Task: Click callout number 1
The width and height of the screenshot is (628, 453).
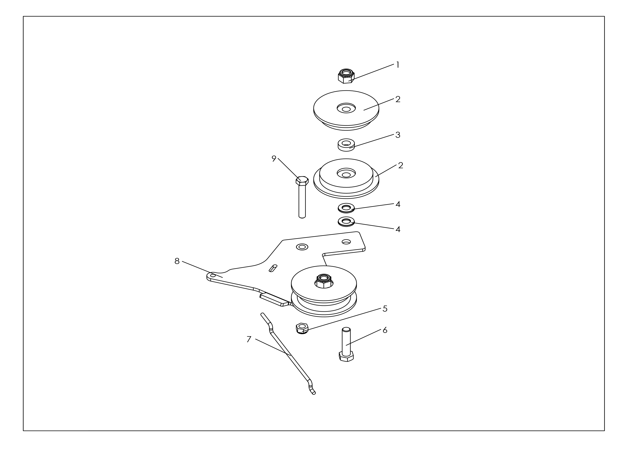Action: (398, 65)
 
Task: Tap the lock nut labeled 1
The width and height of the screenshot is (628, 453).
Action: (346, 76)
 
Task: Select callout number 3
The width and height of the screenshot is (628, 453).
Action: (398, 135)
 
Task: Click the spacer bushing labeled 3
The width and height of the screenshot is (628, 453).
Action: (346, 145)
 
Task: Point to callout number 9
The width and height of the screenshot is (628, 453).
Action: (274, 159)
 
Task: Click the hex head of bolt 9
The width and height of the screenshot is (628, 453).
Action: (302, 181)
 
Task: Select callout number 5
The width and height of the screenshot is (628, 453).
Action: (385, 309)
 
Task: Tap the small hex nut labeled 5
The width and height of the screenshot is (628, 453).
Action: (302, 329)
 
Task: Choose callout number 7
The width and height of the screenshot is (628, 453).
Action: (249, 339)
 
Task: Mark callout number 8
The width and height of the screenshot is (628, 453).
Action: (177, 261)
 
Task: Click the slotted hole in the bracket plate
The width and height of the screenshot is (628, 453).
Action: (273, 268)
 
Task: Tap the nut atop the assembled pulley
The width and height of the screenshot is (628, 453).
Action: (324, 281)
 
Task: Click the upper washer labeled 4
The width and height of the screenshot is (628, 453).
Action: (346, 208)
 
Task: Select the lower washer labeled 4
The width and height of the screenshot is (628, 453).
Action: (346, 221)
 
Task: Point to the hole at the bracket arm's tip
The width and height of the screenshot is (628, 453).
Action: (213, 275)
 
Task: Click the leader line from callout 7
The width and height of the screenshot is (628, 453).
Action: (273, 347)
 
